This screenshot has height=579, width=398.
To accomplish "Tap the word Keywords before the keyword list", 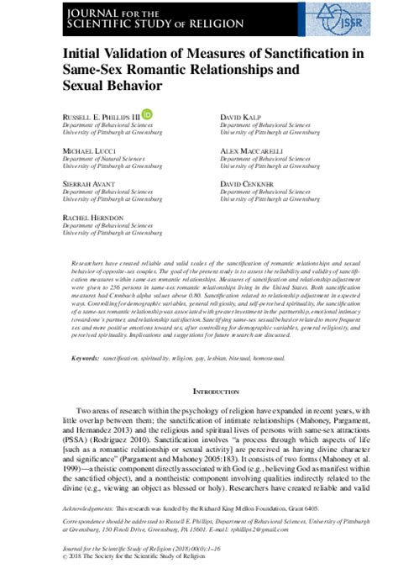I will (85, 359).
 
